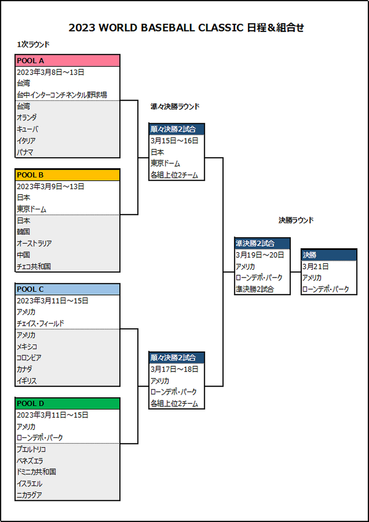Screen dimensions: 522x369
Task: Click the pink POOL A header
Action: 67,60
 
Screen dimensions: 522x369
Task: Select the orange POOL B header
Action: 67,175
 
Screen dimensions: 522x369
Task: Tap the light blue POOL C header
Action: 67,289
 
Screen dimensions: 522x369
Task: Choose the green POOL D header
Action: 67,403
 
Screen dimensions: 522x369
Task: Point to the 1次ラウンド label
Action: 33,45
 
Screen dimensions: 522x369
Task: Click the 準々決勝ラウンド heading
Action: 175,107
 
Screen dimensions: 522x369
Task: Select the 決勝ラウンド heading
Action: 296,220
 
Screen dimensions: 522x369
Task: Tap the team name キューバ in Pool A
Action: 27,129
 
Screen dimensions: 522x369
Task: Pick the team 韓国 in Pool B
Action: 23,232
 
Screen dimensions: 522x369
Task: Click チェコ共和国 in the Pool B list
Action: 34,266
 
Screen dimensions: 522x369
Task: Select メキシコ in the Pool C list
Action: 27,347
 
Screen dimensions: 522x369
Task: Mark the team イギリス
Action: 26,381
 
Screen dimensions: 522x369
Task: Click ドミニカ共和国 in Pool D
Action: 36,472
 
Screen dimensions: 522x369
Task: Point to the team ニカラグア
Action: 29,495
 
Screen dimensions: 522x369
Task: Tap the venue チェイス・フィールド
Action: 40,324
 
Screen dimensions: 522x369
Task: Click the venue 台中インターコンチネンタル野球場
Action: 62,95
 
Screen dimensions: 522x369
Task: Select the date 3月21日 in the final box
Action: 315,266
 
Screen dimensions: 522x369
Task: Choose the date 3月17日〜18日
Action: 174,369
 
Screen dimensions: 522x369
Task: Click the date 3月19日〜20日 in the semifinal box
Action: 260,255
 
